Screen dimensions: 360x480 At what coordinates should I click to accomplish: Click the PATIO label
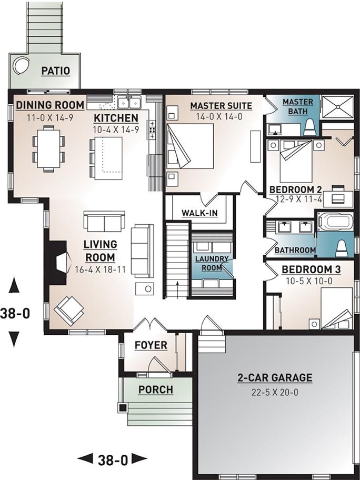pyautogui.click(x=56, y=71)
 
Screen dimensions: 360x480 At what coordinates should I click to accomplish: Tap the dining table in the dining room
pyautogui.click(x=48, y=148)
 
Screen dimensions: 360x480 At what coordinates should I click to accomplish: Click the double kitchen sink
pyautogui.click(x=129, y=102)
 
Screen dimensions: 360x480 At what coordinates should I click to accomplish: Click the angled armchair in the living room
pyautogui.click(x=68, y=311)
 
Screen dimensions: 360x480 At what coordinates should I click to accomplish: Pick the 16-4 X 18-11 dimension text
pyautogui.click(x=101, y=269)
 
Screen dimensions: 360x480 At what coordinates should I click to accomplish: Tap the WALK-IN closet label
pyautogui.click(x=199, y=213)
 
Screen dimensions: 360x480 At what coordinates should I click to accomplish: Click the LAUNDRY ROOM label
pyautogui.click(x=212, y=263)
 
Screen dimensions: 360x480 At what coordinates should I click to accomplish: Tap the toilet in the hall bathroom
pyautogui.click(x=342, y=248)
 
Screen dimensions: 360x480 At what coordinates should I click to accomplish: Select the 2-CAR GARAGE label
pyautogui.click(x=275, y=378)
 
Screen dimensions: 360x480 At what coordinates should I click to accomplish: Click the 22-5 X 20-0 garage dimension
pyautogui.click(x=275, y=392)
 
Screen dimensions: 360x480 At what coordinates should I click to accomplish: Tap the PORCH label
pyautogui.click(x=156, y=389)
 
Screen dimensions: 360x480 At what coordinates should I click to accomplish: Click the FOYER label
pyautogui.click(x=151, y=345)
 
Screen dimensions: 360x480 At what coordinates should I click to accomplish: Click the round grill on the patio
pyautogui.click(x=21, y=65)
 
